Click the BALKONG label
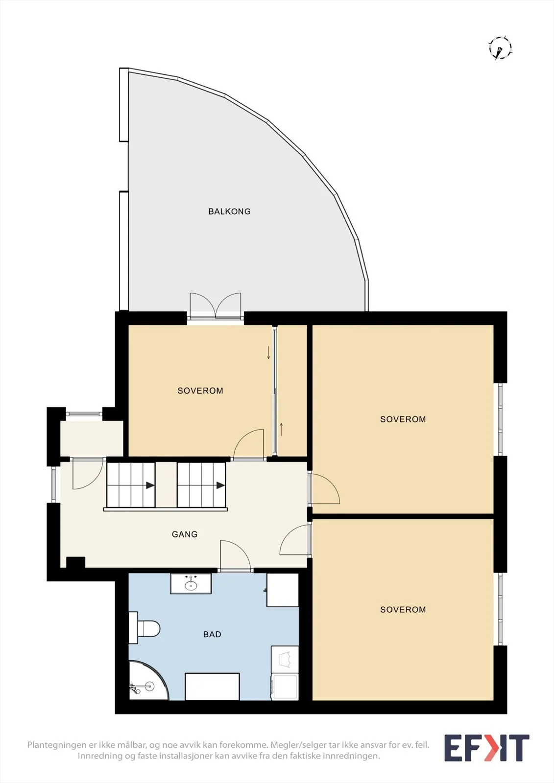(229, 211)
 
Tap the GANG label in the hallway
(185, 534)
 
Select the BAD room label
(212, 634)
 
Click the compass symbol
(500, 47)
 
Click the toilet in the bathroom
(144, 629)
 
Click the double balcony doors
(216, 306)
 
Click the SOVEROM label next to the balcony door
(200, 391)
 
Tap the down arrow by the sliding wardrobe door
(268, 353)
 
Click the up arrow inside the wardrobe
(281, 430)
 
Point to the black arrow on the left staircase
(150, 485)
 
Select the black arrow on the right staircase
(220, 485)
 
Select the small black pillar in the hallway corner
(75, 562)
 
